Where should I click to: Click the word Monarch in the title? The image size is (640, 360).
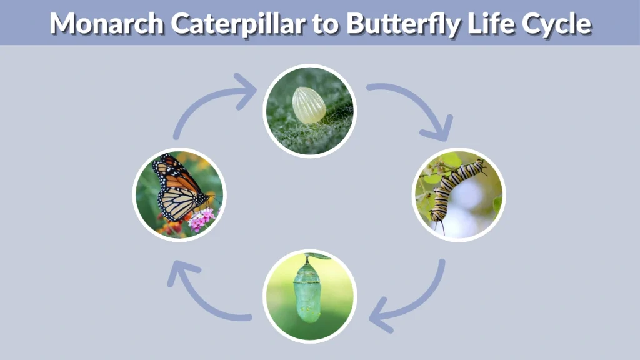[101, 23]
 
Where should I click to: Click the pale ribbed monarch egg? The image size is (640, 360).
[308, 105]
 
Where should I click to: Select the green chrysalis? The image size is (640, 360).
[307, 292]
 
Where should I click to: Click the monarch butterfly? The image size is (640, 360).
[178, 187]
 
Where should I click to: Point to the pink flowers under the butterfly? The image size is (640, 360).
[201, 219]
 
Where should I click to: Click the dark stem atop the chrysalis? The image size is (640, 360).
[307, 259]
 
